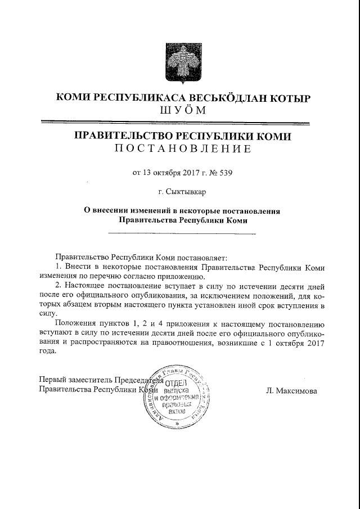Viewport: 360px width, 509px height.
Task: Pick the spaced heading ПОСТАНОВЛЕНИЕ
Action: pos(180,149)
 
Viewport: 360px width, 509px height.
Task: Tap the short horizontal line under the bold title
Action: pos(179,232)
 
